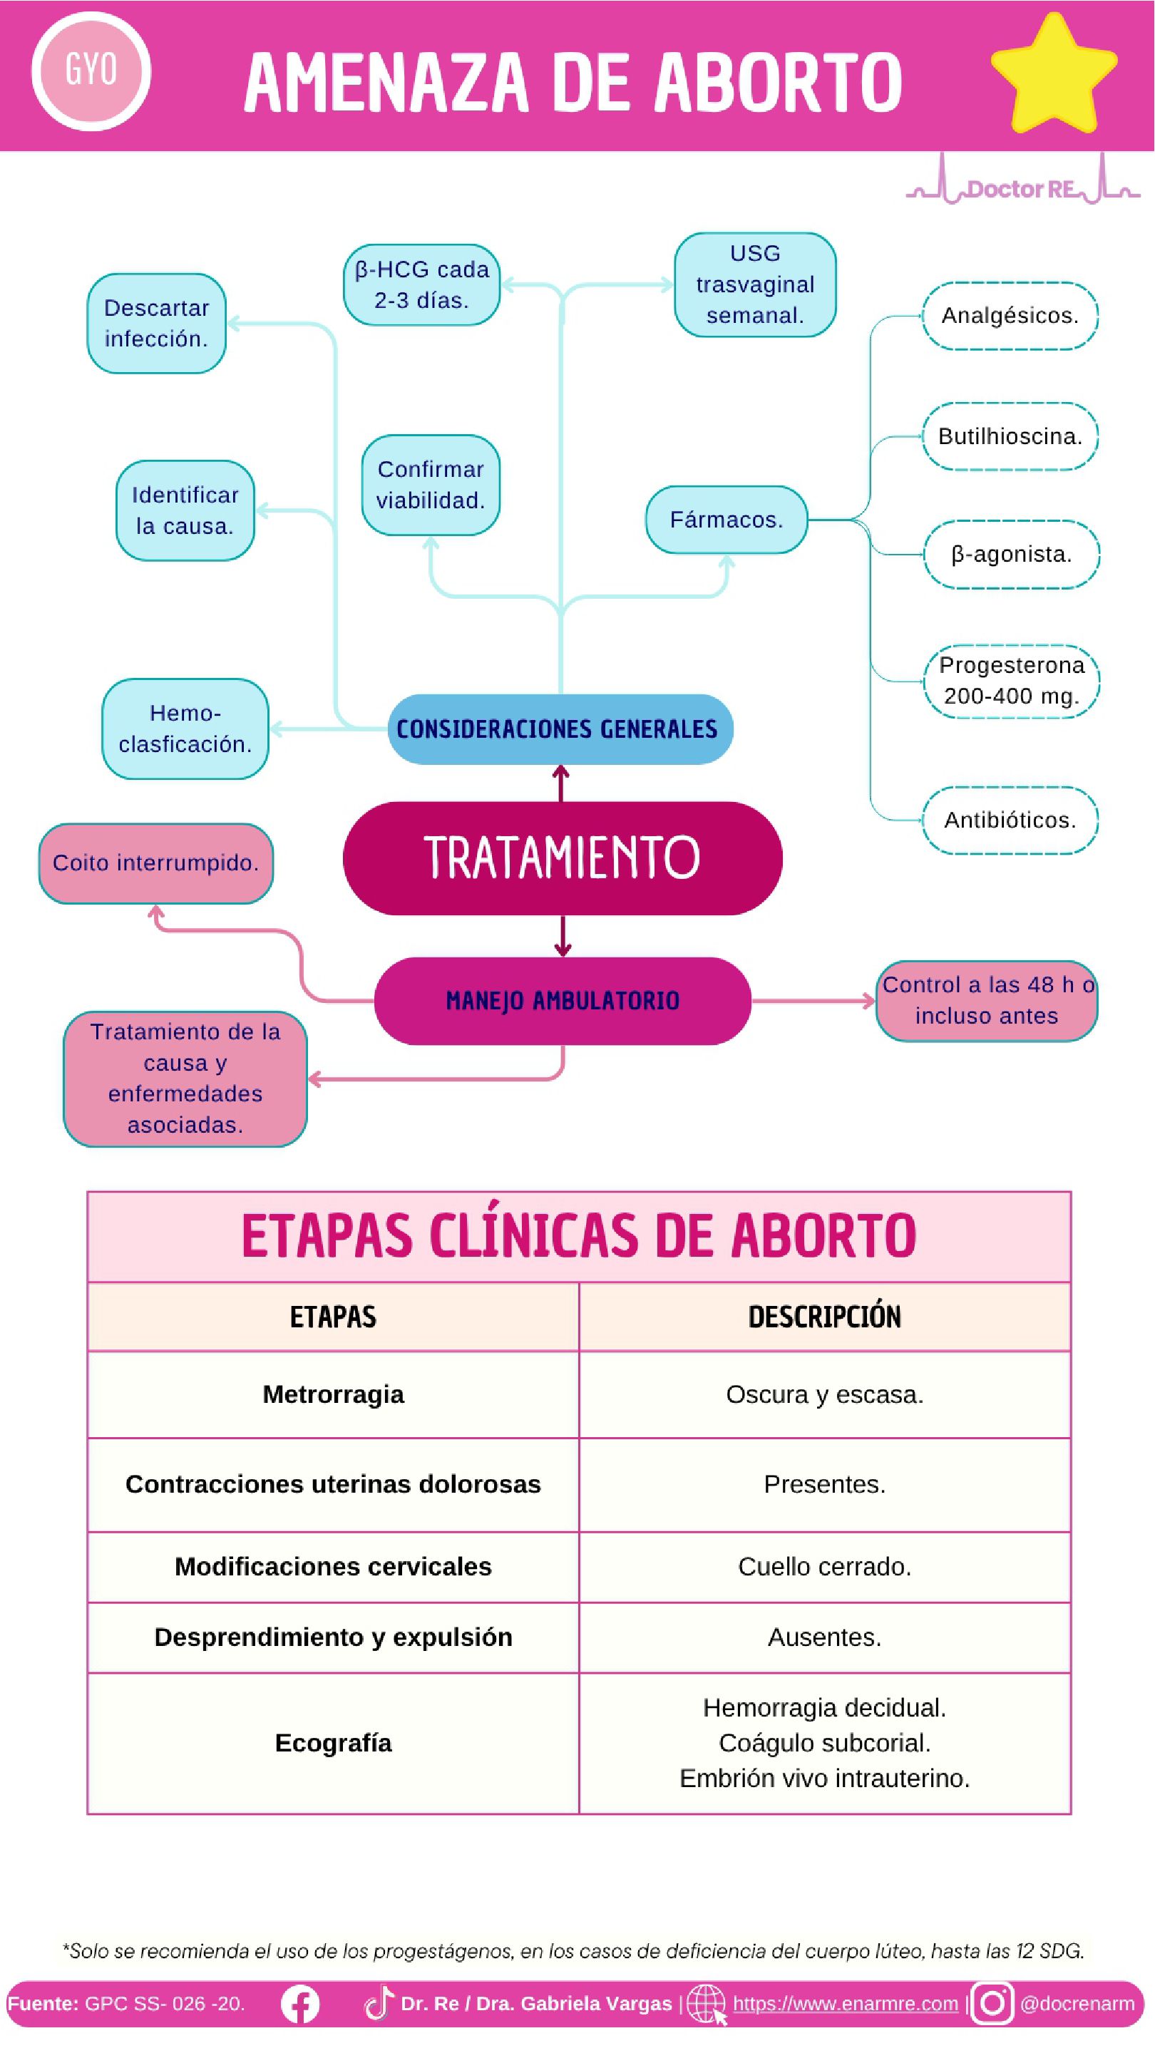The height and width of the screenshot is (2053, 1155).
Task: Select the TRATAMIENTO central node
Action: (562, 858)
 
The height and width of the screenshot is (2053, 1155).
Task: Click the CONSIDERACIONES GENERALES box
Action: (560, 729)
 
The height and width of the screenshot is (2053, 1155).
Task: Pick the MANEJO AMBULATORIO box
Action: (562, 1000)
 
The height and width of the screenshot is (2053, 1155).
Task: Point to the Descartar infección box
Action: (156, 324)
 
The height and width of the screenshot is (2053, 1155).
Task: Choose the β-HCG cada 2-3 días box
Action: (421, 284)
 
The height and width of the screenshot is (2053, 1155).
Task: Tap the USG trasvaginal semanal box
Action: (755, 284)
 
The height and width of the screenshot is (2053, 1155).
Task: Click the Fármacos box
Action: (727, 520)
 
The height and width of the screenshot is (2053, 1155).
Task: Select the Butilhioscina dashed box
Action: (1010, 437)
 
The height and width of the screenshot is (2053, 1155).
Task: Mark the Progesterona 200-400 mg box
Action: (1012, 681)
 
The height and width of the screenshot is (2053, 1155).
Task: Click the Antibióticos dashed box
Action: (1010, 820)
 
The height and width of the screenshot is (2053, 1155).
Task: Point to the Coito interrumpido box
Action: (155, 863)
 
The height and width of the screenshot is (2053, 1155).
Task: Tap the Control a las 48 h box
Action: (986, 1000)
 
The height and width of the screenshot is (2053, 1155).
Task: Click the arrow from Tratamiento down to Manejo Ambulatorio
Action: (563, 936)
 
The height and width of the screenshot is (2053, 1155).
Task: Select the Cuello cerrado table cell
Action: (824, 1566)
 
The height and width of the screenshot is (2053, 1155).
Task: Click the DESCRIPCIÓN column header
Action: (824, 1317)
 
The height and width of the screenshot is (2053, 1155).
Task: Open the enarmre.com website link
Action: (845, 2003)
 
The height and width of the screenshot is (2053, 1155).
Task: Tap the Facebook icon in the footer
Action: (300, 2004)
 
